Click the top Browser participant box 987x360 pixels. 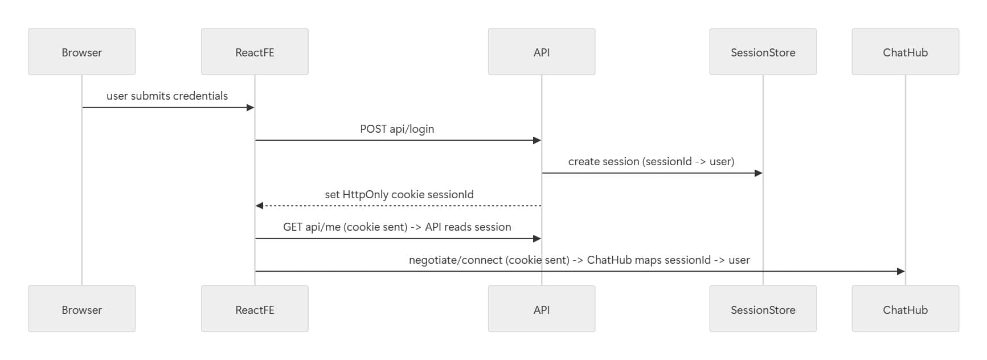(x=81, y=52)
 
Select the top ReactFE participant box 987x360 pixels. (x=255, y=52)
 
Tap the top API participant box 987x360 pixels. (x=541, y=52)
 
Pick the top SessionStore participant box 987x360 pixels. (x=763, y=52)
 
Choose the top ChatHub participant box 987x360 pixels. (x=905, y=52)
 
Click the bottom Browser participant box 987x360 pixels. (x=81, y=309)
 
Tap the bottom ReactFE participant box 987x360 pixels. (x=255, y=309)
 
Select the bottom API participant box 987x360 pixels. (x=541, y=309)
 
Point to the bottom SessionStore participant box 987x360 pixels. (x=763, y=309)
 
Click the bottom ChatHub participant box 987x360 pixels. (x=905, y=309)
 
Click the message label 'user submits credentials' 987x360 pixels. (x=167, y=96)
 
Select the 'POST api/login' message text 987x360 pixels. (x=397, y=129)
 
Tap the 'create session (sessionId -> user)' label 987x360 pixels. (x=651, y=161)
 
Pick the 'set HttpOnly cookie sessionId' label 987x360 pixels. (x=399, y=194)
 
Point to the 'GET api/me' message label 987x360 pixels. (x=397, y=227)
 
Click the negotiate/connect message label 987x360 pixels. (x=579, y=260)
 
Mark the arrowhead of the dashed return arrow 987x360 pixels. (x=259, y=206)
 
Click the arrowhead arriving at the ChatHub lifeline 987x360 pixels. (x=901, y=271)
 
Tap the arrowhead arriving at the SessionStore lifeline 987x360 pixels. (x=759, y=173)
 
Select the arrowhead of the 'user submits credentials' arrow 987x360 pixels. (x=250, y=108)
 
